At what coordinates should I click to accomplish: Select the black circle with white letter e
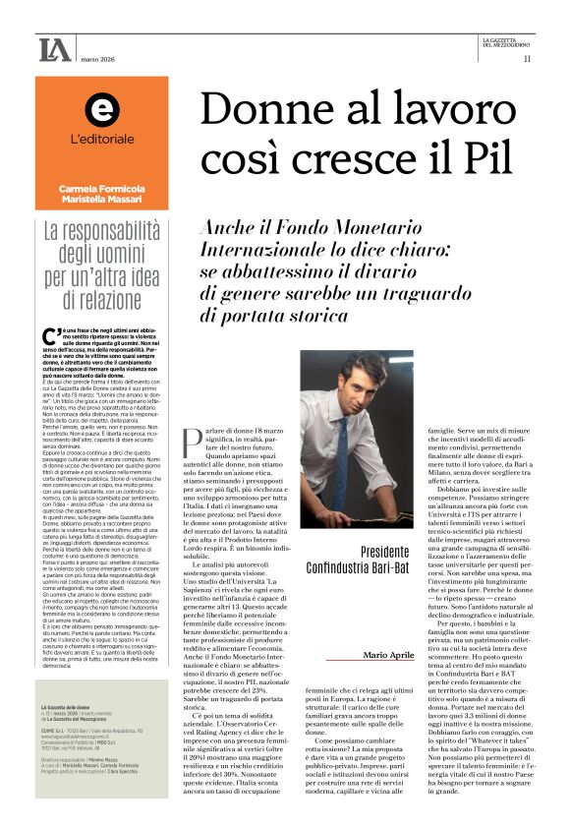(100, 111)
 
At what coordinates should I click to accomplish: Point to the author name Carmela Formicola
(100, 188)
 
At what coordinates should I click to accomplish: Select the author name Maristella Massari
(100, 201)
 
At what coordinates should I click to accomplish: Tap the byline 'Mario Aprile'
(389, 655)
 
